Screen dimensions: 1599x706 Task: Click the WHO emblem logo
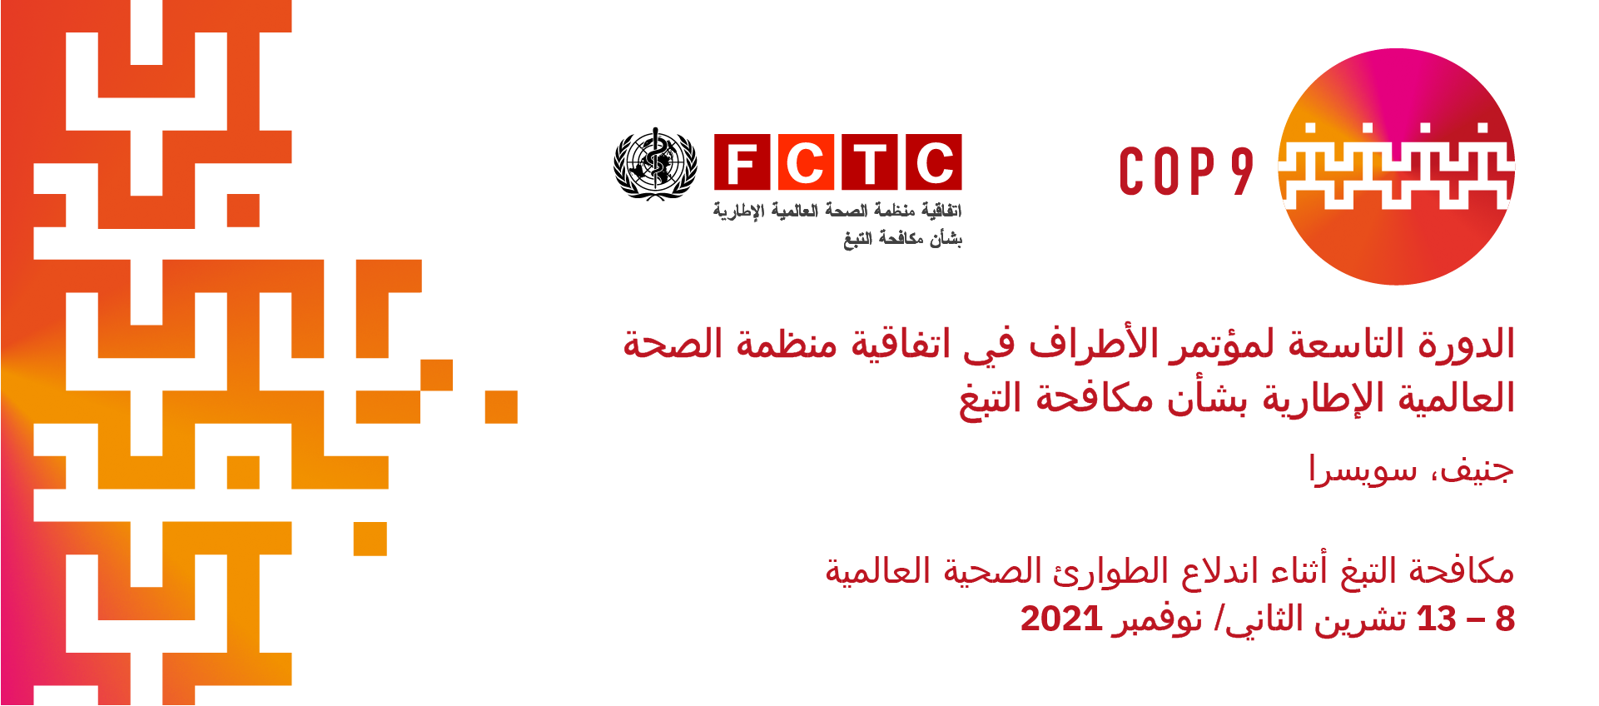[655, 164]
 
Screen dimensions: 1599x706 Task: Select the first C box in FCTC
[806, 162]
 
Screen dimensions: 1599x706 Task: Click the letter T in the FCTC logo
[870, 162]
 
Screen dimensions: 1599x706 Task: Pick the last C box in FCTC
[934, 162]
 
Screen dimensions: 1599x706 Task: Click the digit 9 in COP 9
[1242, 172]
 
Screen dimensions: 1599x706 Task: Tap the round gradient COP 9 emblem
[1397, 167]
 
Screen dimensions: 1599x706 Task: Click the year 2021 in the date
[1061, 619]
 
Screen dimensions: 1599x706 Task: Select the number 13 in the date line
[1437, 619]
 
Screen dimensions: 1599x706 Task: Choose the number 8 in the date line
[1505, 619]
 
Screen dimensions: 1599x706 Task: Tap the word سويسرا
[1363, 470]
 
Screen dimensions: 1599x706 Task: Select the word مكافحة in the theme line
[1462, 571]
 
